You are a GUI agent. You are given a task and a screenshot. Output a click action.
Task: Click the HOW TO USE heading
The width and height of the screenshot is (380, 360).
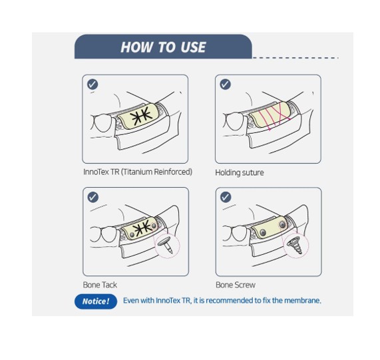point(163,47)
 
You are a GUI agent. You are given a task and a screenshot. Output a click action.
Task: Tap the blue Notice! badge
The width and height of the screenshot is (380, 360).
point(95,301)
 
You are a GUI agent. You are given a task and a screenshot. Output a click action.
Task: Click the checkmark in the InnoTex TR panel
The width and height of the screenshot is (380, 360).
point(93,85)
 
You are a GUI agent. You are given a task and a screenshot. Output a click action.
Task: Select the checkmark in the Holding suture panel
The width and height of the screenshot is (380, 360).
point(226,85)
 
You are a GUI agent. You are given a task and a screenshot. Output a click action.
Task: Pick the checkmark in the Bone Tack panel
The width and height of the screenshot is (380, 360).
point(93,197)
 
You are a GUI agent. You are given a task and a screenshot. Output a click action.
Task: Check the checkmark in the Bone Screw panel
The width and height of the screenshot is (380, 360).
point(226,197)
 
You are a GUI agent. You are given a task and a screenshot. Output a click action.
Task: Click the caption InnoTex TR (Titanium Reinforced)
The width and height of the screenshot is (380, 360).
point(137,172)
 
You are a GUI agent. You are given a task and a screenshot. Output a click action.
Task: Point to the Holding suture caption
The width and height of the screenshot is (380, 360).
point(239,172)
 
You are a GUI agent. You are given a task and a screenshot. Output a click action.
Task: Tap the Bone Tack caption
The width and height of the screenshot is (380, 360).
point(100,285)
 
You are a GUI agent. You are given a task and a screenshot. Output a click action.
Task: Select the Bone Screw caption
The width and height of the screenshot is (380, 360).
point(235,285)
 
